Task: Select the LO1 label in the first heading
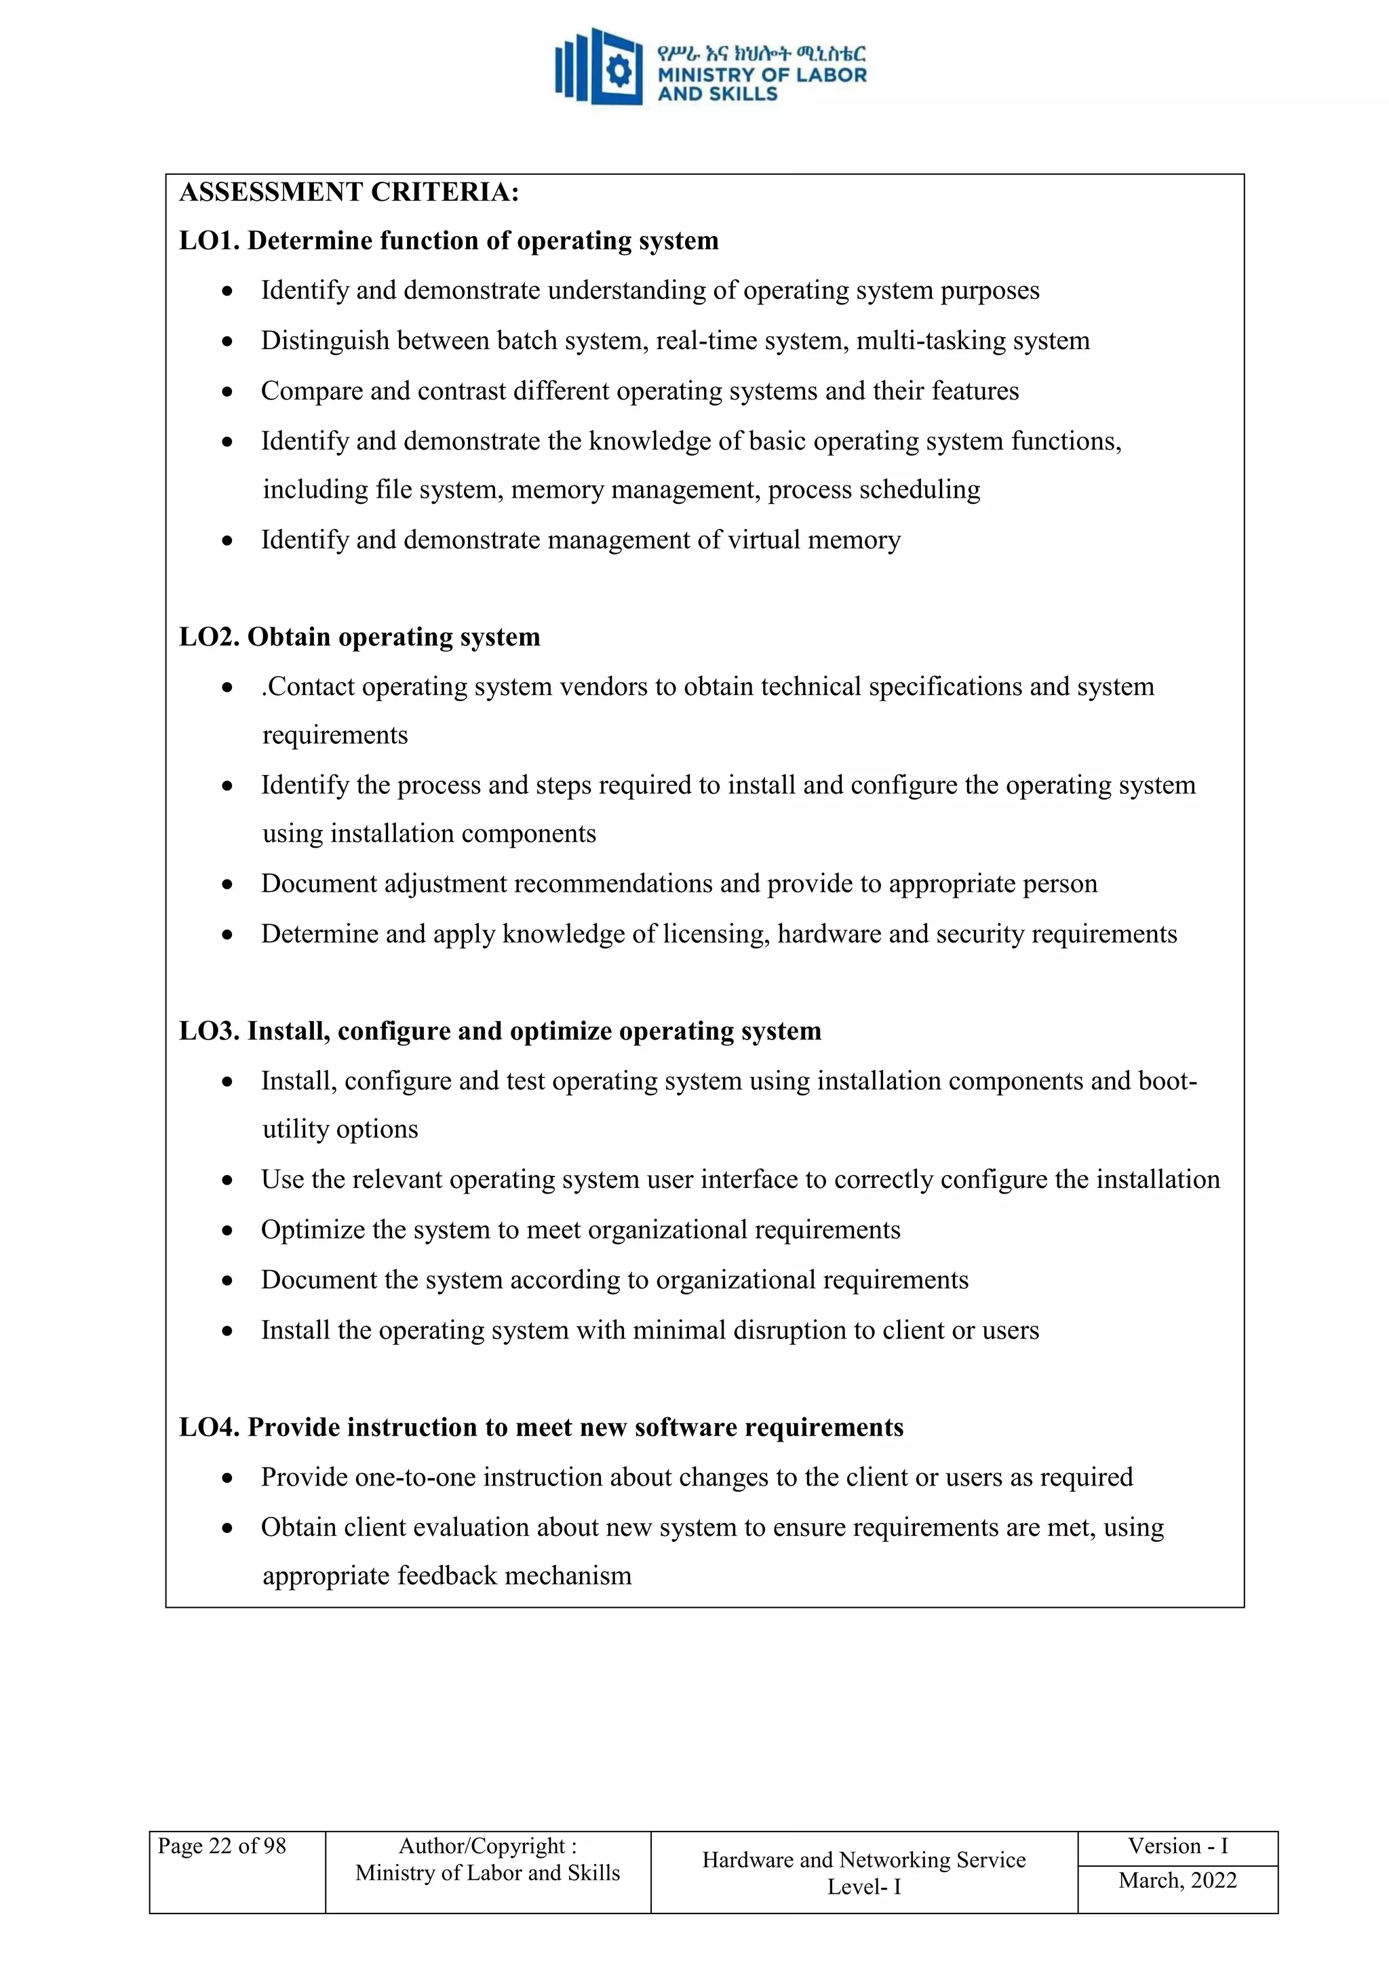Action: pos(209,241)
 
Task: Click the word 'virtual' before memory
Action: pos(766,540)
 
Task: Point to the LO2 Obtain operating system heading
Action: pos(359,637)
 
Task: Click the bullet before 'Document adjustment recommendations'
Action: pos(227,885)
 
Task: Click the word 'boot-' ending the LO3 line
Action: pos(1167,1082)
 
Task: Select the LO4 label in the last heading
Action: pos(209,1428)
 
